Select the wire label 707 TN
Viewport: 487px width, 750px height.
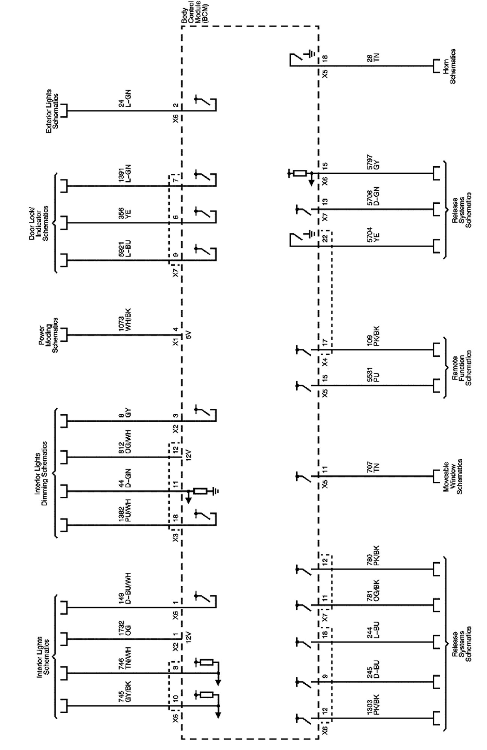pos(373,466)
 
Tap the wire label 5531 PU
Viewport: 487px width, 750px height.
pos(373,375)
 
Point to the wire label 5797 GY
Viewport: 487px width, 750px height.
pos(373,162)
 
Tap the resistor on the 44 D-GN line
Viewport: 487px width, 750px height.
pos(200,491)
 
